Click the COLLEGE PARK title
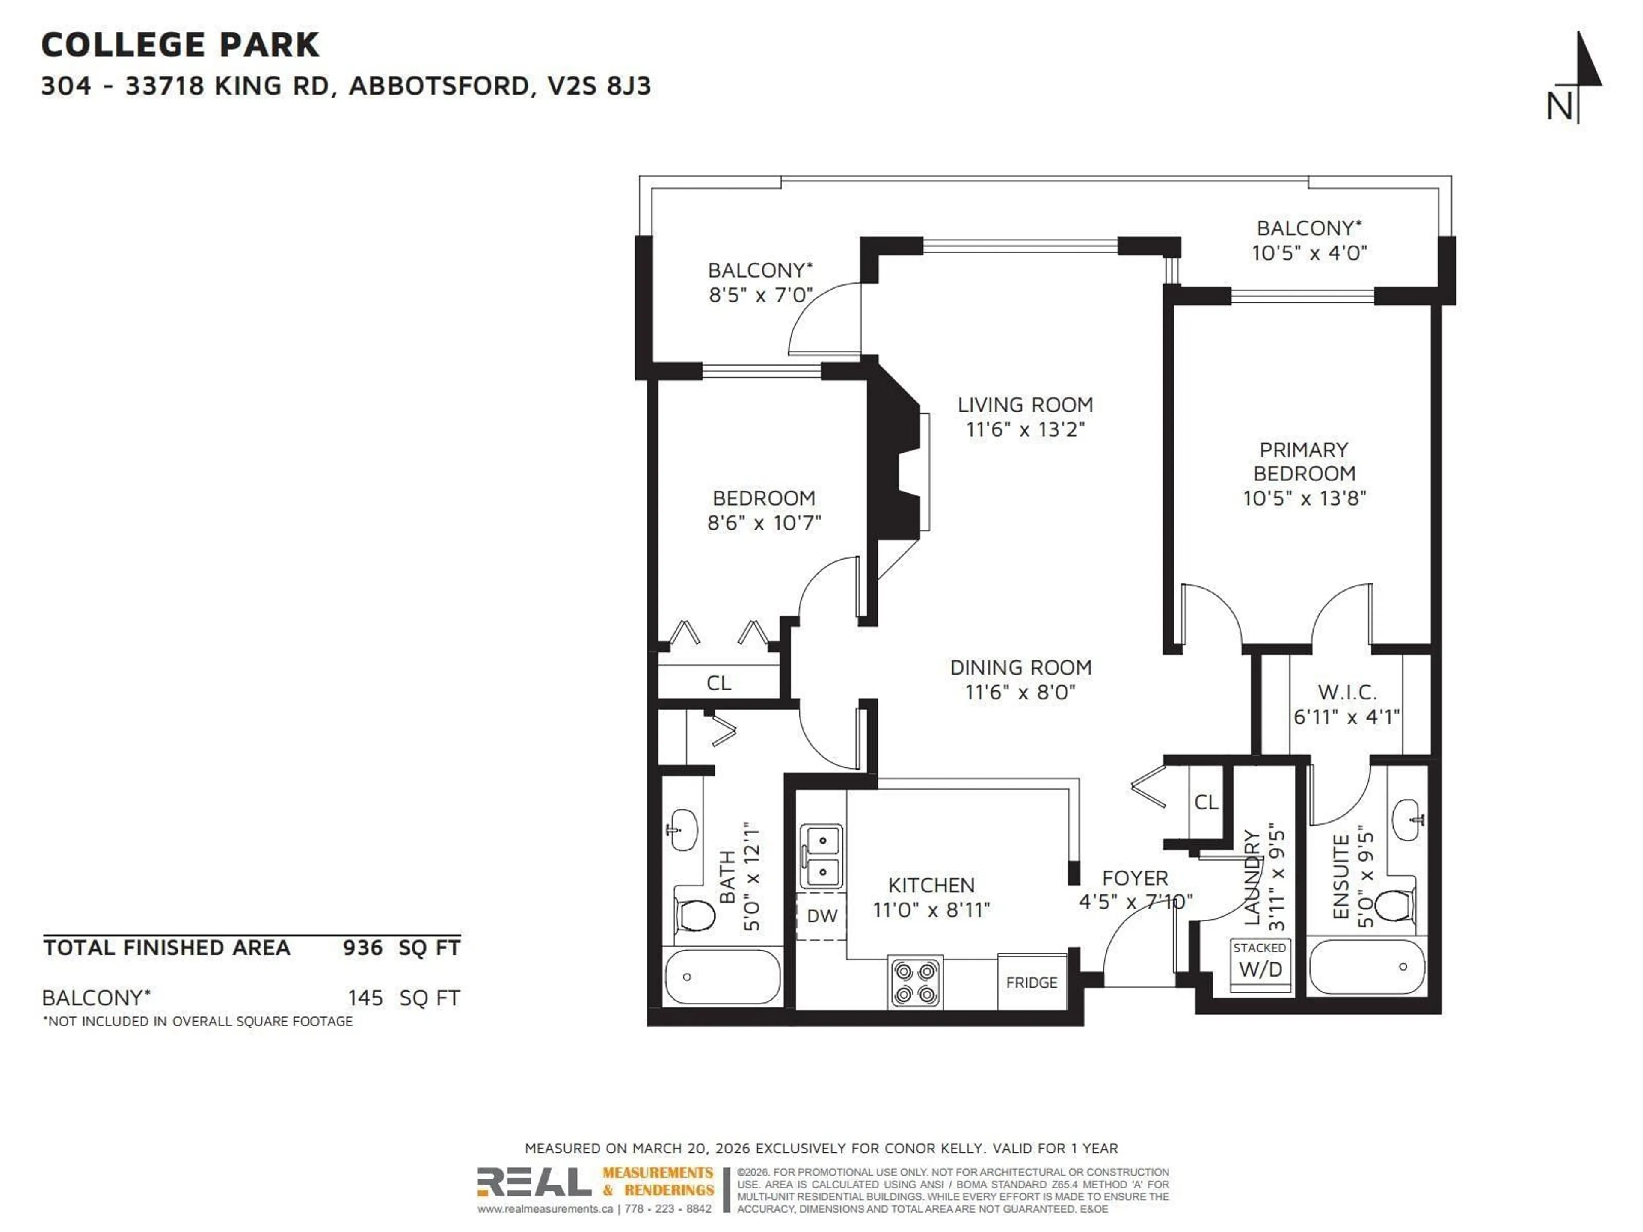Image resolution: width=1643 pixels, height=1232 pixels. point(180,45)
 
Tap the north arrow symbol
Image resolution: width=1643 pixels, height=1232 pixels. point(1581,74)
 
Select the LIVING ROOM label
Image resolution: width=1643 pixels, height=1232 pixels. point(1025,405)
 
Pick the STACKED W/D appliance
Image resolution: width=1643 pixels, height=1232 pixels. point(1260,963)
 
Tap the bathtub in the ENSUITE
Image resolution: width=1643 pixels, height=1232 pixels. point(1367,966)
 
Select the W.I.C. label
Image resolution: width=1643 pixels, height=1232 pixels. point(1346,692)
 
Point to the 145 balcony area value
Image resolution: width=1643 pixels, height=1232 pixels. point(365,997)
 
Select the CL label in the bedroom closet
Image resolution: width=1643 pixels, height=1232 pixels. point(718,682)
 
